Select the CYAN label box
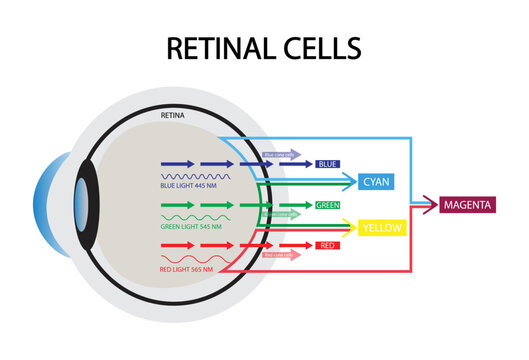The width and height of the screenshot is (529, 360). (376, 181)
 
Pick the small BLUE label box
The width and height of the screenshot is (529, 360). (327, 163)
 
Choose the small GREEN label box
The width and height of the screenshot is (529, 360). (327, 205)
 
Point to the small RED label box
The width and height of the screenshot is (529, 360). (325, 245)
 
